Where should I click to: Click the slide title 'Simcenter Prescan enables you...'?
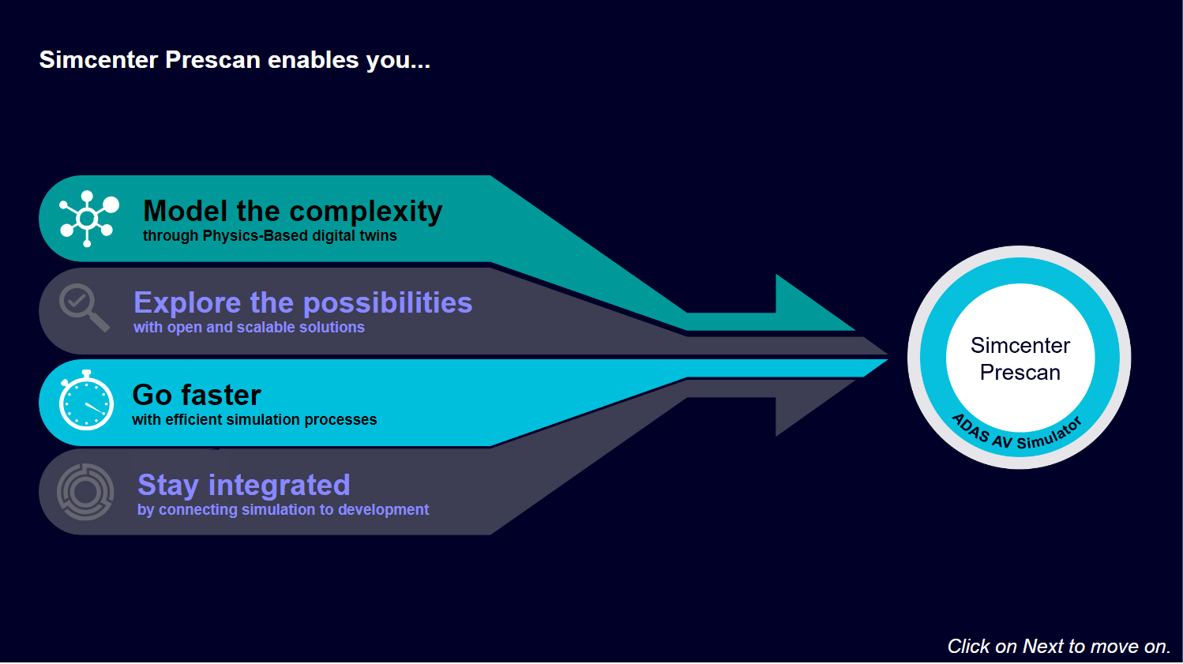click(235, 60)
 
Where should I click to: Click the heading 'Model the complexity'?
click(292, 212)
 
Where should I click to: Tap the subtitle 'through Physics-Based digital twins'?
click(269, 236)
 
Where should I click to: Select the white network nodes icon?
click(88, 218)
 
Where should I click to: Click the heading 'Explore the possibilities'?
click(302, 303)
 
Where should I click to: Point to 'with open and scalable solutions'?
click(249, 327)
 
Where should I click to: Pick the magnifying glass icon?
click(84, 308)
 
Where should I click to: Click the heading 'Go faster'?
click(197, 395)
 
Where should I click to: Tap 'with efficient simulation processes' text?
click(254, 419)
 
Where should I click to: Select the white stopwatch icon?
click(86, 400)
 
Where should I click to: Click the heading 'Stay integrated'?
click(243, 485)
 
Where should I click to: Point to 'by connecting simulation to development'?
click(283, 510)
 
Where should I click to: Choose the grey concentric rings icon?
click(85, 492)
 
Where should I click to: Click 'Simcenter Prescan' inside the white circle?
click(1020, 359)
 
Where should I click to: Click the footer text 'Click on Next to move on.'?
click(1059, 647)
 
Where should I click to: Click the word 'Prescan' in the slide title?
click(213, 60)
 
